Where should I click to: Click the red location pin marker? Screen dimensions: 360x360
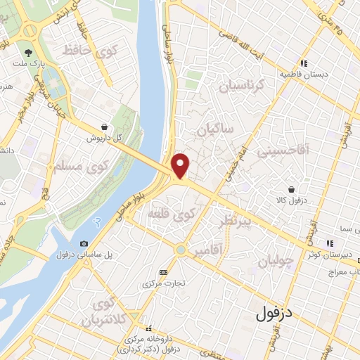[181, 165]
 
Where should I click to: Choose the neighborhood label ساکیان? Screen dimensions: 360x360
[214, 131]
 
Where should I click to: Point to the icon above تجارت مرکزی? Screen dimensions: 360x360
[164, 272]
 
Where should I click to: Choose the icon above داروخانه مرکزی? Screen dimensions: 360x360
[148, 328]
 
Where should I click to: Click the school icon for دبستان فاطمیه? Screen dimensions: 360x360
[304, 62]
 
